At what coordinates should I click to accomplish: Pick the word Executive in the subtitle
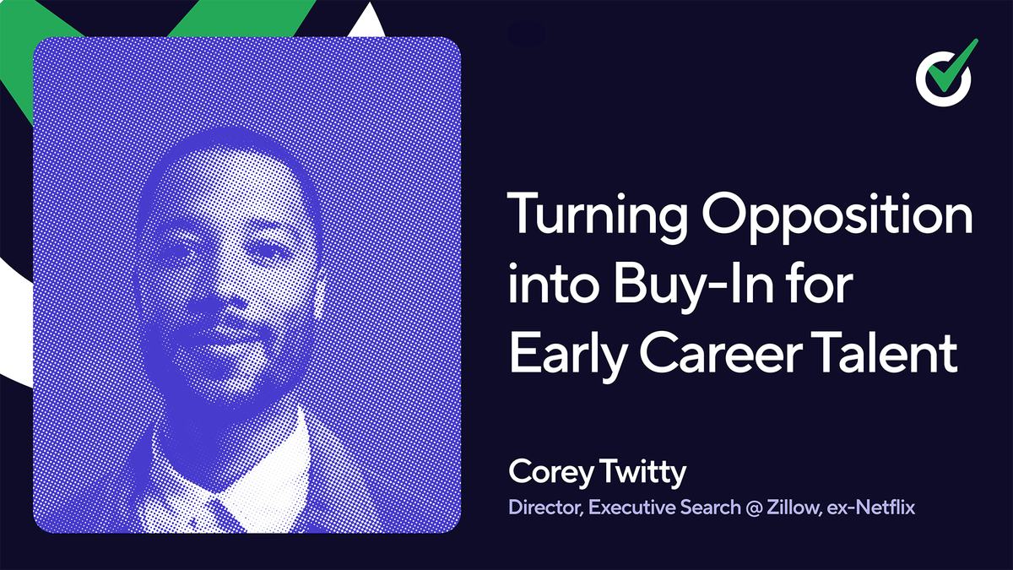[x=631, y=508]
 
